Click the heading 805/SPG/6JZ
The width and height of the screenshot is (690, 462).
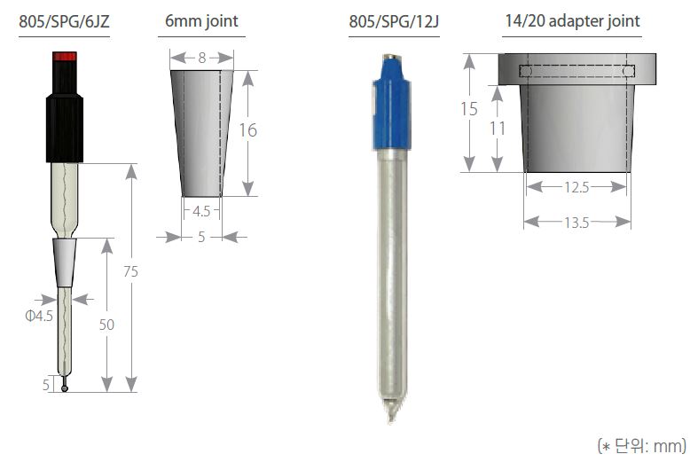click(64, 21)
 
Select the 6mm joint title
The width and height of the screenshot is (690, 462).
click(201, 20)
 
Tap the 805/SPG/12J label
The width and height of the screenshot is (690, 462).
click(394, 21)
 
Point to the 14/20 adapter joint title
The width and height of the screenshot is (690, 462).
click(573, 20)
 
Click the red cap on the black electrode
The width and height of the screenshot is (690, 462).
click(65, 57)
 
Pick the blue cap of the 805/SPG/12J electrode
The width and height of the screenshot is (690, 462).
click(392, 105)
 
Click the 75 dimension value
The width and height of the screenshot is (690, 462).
click(130, 271)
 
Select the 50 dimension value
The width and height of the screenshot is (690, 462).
click(106, 325)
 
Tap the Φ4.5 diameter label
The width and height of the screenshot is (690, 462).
click(39, 316)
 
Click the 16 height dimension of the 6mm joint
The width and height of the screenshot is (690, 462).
click(247, 130)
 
